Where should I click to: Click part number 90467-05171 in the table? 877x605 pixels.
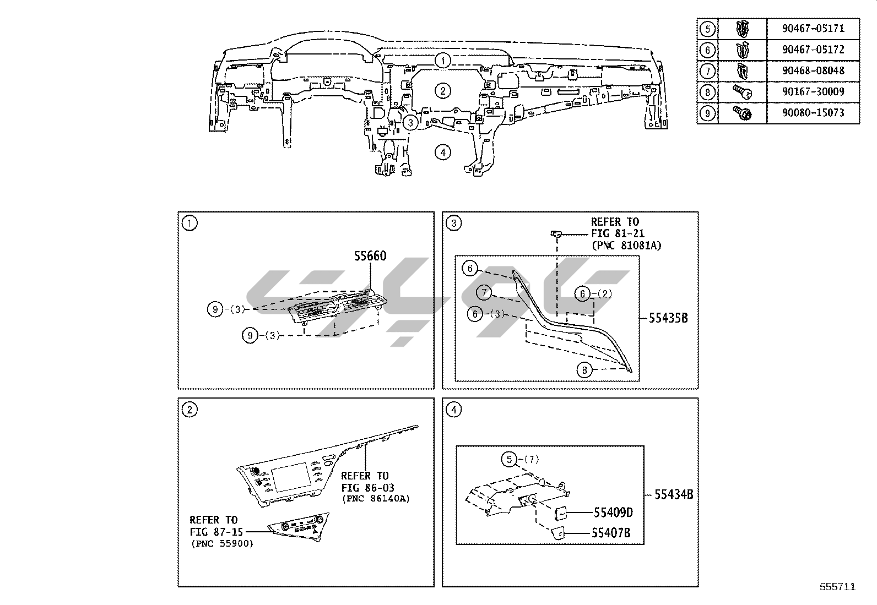[x=813, y=29]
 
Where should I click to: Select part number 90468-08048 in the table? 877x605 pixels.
[x=813, y=70]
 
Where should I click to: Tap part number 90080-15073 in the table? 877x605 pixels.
[x=813, y=113]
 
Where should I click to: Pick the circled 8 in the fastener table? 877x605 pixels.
[x=707, y=92]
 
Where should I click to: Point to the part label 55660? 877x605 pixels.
[x=370, y=256]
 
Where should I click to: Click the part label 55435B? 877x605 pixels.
[x=668, y=318]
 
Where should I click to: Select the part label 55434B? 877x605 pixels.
[x=674, y=494]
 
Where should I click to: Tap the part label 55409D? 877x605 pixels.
[x=613, y=513]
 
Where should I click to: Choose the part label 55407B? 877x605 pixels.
[x=610, y=533]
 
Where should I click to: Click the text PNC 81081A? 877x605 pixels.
[x=626, y=246]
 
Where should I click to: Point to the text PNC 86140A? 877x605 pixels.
[x=376, y=499]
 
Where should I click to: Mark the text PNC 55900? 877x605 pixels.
[x=222, y=544]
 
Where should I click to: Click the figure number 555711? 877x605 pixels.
[x=837, y=587]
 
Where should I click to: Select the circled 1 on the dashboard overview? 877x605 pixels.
[x=442, y=60]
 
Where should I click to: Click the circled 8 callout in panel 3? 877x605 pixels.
[x=584, y=370]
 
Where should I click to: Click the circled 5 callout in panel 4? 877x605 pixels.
[x=510, y=459]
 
